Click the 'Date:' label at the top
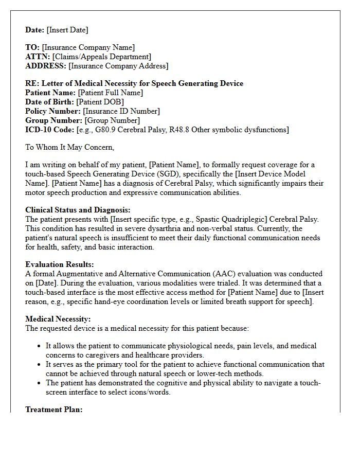(35, 30)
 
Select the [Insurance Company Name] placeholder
(88, 48)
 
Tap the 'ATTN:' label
(38, 57)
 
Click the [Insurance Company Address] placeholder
(118, 66)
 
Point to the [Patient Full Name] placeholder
(110, 93)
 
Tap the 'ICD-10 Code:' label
(49, 130)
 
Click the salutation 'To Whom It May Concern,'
(69, 147)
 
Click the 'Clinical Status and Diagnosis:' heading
(78, 210)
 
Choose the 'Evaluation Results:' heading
(59, 264)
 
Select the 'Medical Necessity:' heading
(58, 319)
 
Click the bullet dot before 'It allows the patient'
(40, 346)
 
